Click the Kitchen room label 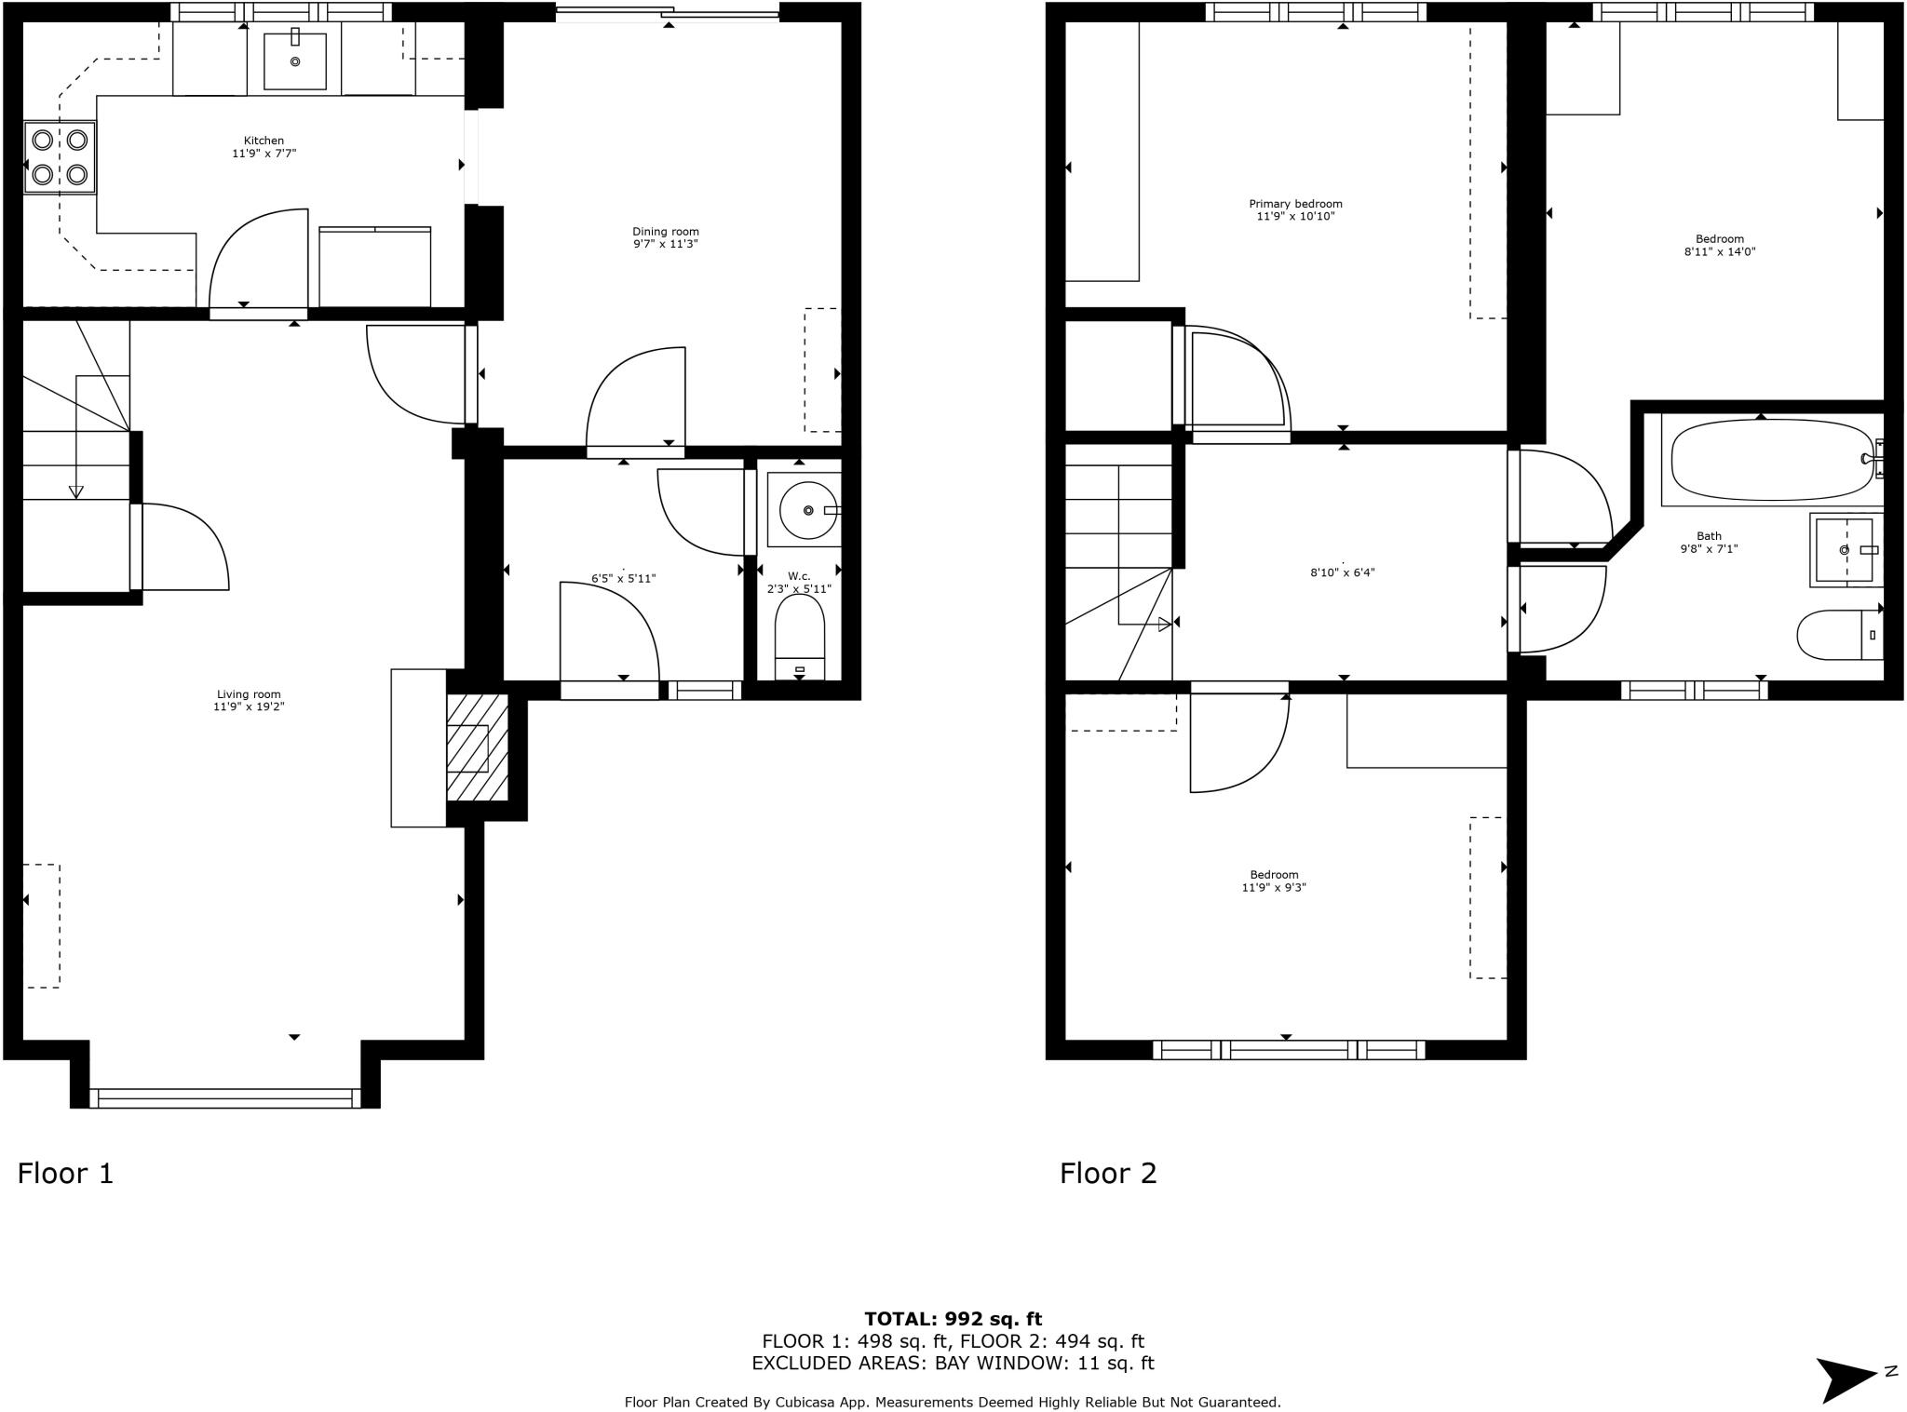click(264, 141)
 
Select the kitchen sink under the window click(295, 61)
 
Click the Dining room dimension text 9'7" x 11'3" click(665, 244)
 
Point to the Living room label click(249, 694)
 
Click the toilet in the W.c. click(800, 638)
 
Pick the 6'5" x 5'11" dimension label click(623, 578)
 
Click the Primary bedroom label click(1295, 204)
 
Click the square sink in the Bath click(1845, 549)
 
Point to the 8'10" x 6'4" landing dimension click(1342, 572)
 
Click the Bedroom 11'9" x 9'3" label click(1274, 875)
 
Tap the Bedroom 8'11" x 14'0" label click(1719, 239)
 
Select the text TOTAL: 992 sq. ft click(953, 1318)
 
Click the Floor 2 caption click(1107, 1173)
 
